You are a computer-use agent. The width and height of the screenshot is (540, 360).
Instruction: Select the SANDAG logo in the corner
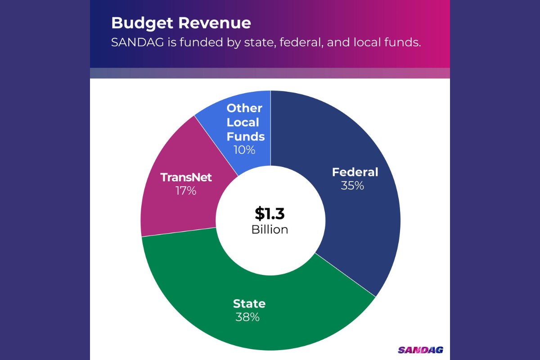click(x=420, y=350)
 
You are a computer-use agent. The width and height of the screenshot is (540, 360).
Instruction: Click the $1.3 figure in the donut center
click(x=270, y=213)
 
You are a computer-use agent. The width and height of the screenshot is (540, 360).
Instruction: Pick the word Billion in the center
click(x=270, y=229)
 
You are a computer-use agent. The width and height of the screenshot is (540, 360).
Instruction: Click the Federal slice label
click(x=355, y=172)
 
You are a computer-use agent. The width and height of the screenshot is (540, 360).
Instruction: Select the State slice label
click(x=249, y=303)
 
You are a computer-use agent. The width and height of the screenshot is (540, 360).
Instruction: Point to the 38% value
click(x=247, y=317)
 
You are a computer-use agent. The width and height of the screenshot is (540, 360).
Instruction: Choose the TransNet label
click(x=186, y=177)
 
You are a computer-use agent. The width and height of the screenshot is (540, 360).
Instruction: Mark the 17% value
click(x=186, y=191)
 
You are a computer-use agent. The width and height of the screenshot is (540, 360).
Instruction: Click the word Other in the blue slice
click(x=244, y=108)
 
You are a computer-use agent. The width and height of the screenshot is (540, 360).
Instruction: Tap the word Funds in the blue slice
click(x=246, y=136)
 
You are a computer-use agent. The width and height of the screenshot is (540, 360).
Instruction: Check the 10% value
click(x=244, y=150)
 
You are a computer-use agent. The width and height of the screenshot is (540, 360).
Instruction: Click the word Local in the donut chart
click(x=243, y=122)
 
